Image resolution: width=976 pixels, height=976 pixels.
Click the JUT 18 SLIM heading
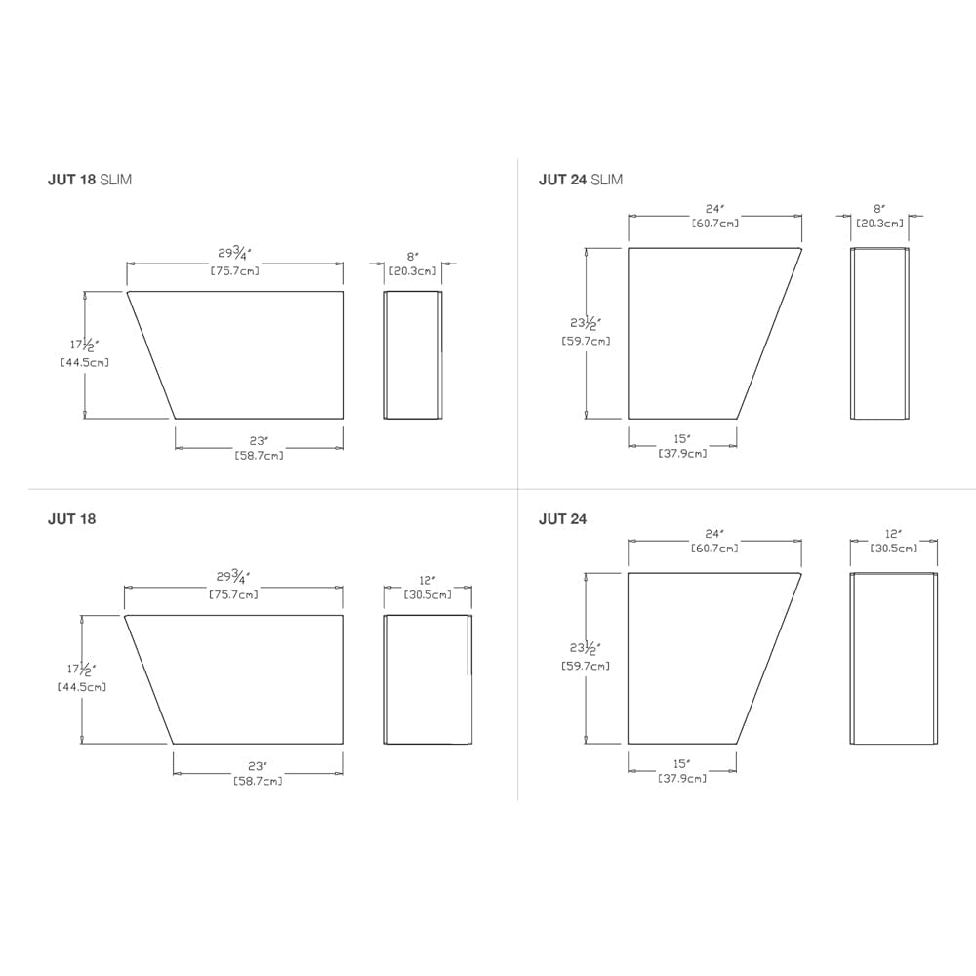[90, 180]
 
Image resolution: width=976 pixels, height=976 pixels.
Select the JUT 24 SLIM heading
[580, 180]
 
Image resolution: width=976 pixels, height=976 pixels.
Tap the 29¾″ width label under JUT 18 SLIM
[234, 254]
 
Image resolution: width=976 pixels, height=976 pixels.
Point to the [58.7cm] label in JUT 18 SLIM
[260, 456]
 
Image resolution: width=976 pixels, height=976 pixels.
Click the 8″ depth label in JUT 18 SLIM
[413, 256]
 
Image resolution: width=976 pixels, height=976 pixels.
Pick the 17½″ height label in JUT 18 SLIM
[84, 345]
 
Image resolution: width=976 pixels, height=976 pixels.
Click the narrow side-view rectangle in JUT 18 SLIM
[413, 355]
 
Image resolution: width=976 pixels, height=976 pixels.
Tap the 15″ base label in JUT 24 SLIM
[682, 438]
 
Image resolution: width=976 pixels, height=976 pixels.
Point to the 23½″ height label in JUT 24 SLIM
[586, 323]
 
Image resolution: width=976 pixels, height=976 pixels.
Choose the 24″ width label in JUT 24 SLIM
[714, 209]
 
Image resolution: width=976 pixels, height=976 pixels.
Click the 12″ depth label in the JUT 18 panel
[427, 580]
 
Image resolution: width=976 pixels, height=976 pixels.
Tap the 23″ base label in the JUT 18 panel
[258, 766]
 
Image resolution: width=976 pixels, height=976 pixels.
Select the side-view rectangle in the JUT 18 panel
[427, 679]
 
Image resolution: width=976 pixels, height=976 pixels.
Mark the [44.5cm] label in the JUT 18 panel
[82, 687]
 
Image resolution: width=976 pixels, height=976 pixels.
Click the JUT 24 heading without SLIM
[562, 519]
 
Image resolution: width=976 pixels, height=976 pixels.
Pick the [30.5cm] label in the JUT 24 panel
[894, 549]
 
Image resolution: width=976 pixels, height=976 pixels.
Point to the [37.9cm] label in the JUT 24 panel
[682, 779]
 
